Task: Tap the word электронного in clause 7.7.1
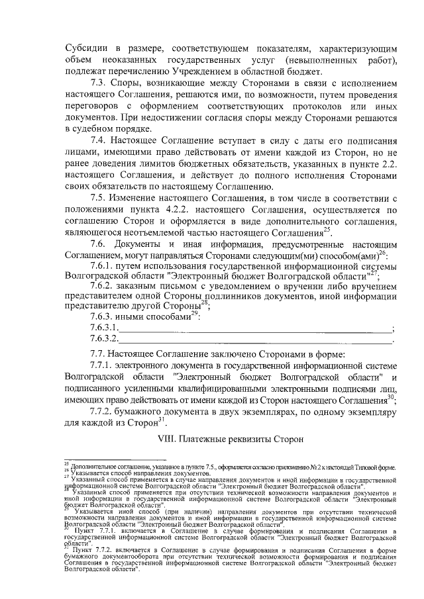(x=148, y=365)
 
